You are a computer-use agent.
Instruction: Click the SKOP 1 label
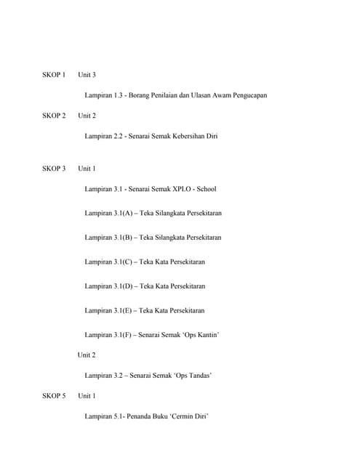pyautogui.click(x=53, y=75)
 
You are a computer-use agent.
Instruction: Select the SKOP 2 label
pyautogui.click(x=53, y=116)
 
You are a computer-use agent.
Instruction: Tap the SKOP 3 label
pyautogui.click(x=53, y=169)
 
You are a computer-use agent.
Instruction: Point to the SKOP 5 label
pyautogui.click(x=53, y=396)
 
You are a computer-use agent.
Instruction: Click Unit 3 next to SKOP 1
pyautogui.click(x=87, y=75)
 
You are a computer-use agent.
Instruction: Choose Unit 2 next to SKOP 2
pyautogui.click(x=87, y=116)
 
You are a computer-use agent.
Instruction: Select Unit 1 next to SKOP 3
pyautogui.click(x=87, y=169)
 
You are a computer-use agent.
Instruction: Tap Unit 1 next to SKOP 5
pyautogui.click(x=87, y=396)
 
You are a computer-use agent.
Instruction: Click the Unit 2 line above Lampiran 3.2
pyautogui.click(x=87, y=355)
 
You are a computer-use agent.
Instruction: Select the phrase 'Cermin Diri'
pyautogui.click(x=189, y=416)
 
